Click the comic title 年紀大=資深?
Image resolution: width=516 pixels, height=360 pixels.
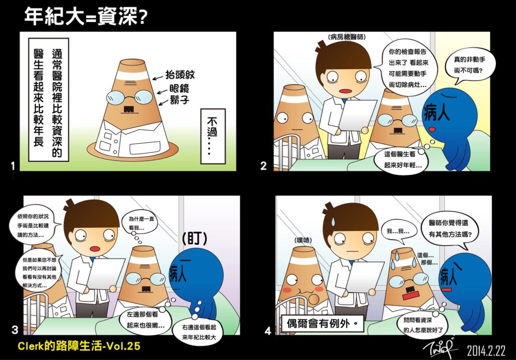point(86,17)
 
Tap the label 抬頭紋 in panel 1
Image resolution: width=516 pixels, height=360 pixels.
point(180,75)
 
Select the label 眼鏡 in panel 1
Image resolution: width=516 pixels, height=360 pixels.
point(179,89)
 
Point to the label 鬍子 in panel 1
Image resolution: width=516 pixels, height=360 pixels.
point(180,99)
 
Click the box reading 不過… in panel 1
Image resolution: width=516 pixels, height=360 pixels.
point(213,136)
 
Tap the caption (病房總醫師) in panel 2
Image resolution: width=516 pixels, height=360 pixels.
point(347,37)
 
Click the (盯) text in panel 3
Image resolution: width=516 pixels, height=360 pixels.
point(195,238)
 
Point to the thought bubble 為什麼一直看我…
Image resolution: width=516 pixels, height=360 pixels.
point(140,223)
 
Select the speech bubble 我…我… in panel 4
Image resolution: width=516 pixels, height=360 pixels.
point(398,231)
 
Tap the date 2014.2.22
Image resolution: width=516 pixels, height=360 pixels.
point(486,351)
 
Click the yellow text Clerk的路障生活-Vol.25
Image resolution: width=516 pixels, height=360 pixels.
point(79,346)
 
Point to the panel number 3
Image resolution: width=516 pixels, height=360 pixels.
point(15,330)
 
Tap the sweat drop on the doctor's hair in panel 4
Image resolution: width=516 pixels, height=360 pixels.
point(333,221)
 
